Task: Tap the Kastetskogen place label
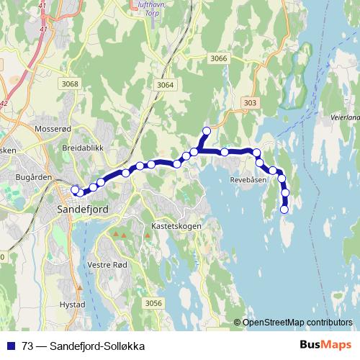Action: [x=176, y=225]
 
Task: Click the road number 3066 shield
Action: [x=219, y=58]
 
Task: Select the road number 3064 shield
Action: [x=165, y=85]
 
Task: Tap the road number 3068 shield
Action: [x=70, y=84]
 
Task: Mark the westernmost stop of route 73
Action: [x=74, y=190]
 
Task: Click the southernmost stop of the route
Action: [x=284, y=210]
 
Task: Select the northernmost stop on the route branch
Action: [x=207, y=130]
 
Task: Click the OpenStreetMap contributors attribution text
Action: [x=297, y=322]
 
